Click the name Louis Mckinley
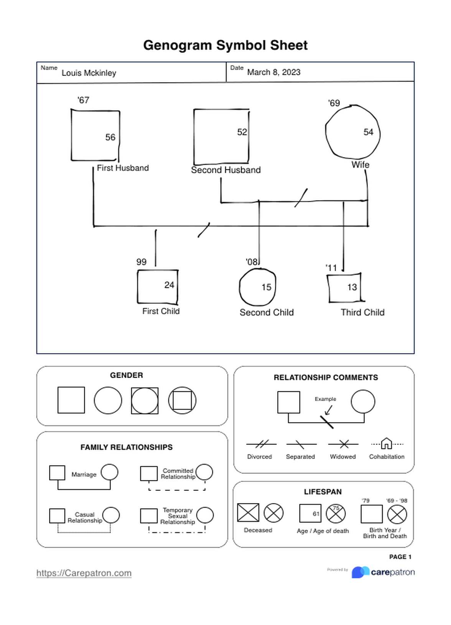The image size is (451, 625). coord(89,73)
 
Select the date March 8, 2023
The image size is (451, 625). coord(273,72)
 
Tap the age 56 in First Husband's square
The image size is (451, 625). coord(110,137)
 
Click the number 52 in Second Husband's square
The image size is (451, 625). coord(242,132)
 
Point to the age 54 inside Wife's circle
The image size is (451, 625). coord(368,132)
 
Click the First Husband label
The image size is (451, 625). coord(123,168)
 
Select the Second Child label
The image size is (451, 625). coord(267,312)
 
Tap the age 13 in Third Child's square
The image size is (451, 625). coord(352,287)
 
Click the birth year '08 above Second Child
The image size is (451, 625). coord(252,262)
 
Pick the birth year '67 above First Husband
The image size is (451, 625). coord(83,100)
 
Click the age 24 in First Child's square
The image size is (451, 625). coord(169,285)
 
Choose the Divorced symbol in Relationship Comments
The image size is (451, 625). coord(261,444)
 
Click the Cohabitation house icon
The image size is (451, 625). coord(387,444)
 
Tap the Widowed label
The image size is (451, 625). coord(342,457)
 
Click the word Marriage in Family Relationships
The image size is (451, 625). coord(84,475)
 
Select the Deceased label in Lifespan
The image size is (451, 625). coord(258,530)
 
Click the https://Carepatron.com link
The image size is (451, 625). coord(84,573)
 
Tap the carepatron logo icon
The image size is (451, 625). coord(360,572)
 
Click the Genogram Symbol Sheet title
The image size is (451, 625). coord(225,45)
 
